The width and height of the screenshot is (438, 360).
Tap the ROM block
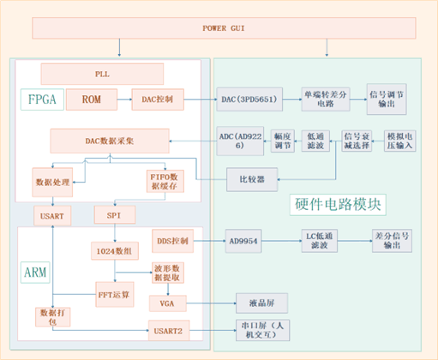click(x=91, y=100)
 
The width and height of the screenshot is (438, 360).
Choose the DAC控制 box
click(x=157, y=100)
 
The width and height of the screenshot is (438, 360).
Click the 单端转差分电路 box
click(x=324, y=99)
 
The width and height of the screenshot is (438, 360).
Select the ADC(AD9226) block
click(x=240, y=141)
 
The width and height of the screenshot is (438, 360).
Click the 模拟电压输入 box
click(x=399, y=141)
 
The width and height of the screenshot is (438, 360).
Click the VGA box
click(x=166, y=303)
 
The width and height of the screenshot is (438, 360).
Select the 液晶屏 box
click(x=261, y=303)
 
